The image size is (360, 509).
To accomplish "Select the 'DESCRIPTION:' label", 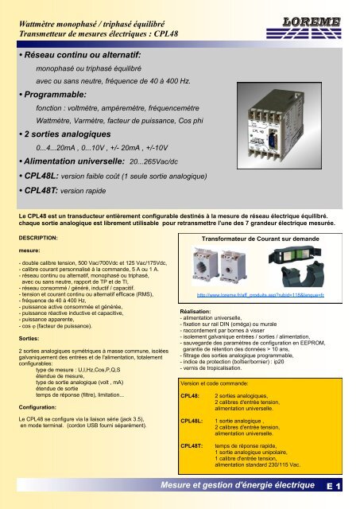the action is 39,238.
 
